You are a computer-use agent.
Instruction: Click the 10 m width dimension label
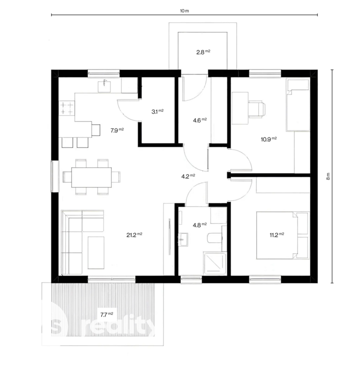pyautogui.click(x=185, y=11)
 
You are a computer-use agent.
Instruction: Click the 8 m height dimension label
pyautogui.click(x=328, y=176)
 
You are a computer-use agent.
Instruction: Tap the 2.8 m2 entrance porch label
pyautogui.click(x=203, y=52)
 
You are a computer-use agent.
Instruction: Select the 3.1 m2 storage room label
pyautogui.click(x=157, y=111)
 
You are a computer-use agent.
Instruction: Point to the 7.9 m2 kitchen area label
pyautogui.click(x=117, y=130)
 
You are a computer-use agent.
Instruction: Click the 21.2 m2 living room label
pyautogui.click(x=134, y=235)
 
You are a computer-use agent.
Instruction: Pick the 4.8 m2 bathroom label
pyautogui.click(x=200, y=225)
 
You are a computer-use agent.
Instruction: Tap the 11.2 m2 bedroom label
pyautogui.click(x=277, y=235)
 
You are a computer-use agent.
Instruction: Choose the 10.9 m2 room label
pyautogui.click(x=269, y=139)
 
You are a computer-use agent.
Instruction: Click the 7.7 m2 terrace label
pyautogui.click(x=107, y=314)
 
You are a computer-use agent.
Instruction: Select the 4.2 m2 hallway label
pyautogui.click(x=188, y=176)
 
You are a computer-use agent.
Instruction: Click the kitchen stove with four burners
pyautogui.click(x=67, y=108)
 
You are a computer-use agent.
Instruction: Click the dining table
pyautogui.click(x=91, y=177)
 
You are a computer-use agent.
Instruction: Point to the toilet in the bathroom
pyautogui.click(x=214, y=238)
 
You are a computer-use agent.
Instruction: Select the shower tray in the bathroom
pyautogui.click(x=215, y=264)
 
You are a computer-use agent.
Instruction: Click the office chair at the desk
pyautogui.click(x=257, y=109)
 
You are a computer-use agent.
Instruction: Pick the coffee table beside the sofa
pyautogui.click(x=96, y=253)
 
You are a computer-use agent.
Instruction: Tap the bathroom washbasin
pyautogui.click(x=183, y=239)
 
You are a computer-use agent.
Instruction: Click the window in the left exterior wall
pyautogui.click(x=55, y=176)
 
